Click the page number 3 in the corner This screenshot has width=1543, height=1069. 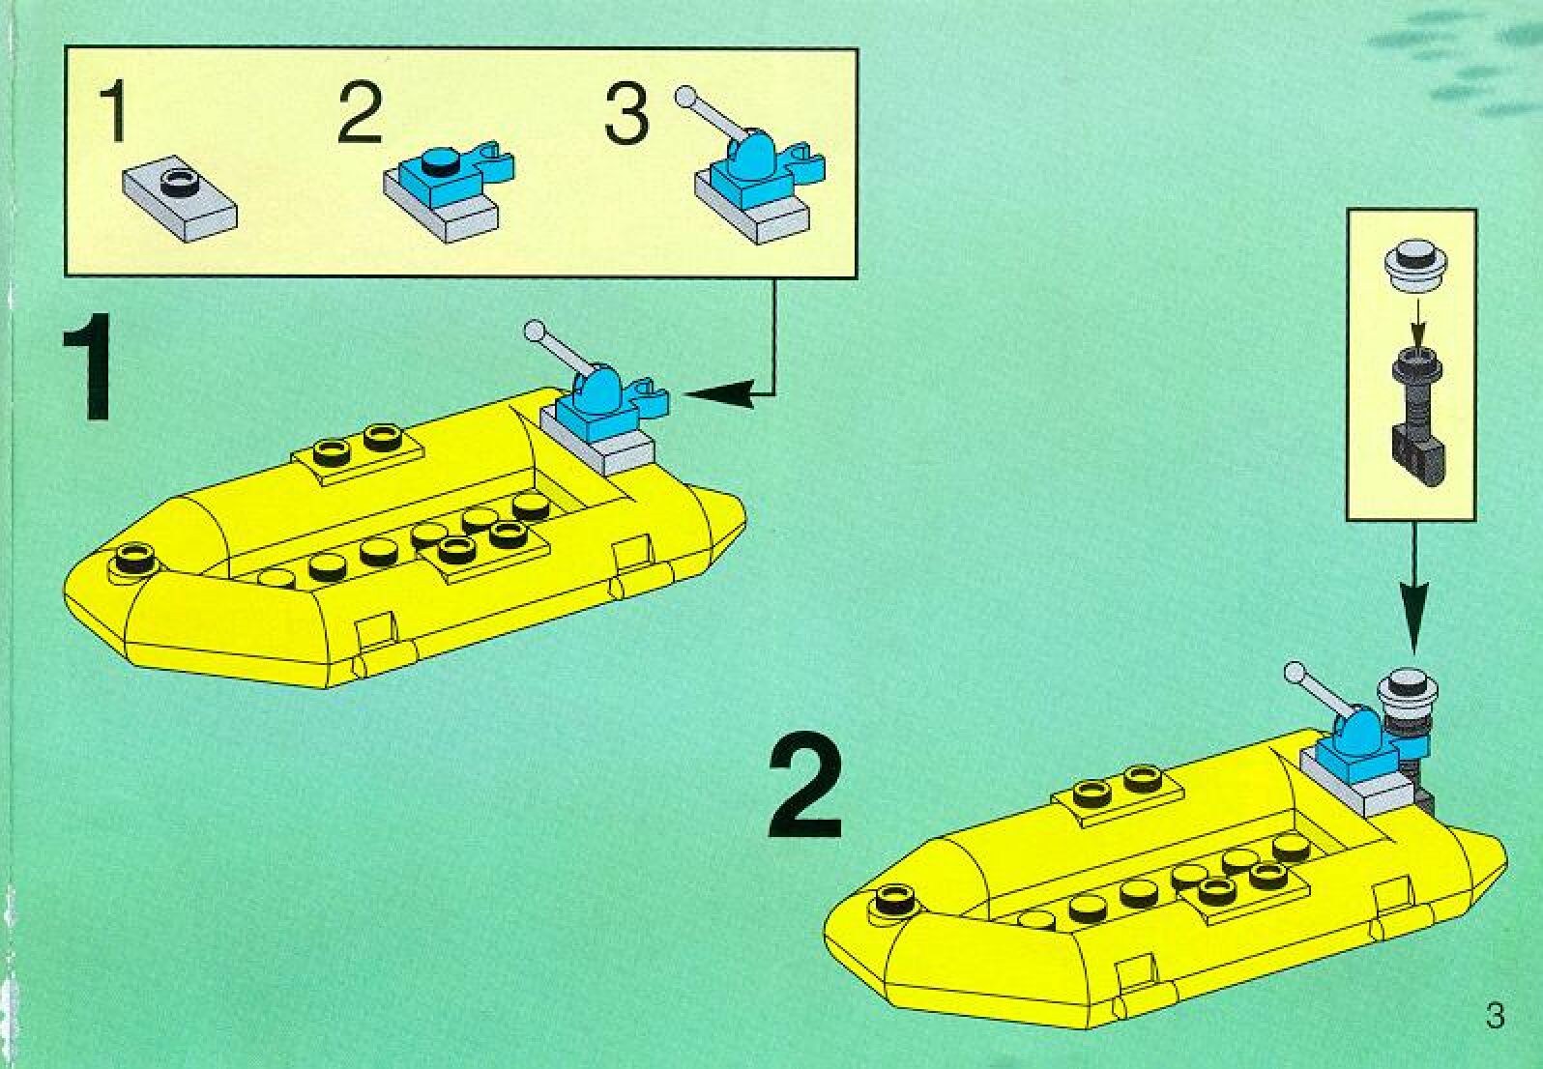[1495, 1017]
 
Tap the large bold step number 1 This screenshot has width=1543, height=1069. [89, 372]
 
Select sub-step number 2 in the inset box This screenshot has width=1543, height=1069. [361, 114]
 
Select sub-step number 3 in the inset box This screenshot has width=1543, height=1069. [626, 113]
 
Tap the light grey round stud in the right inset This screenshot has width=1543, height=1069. [1412, 262]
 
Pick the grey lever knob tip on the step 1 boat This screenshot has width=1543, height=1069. [533, 331]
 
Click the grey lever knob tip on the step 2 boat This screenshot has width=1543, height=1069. [1294, 670]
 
